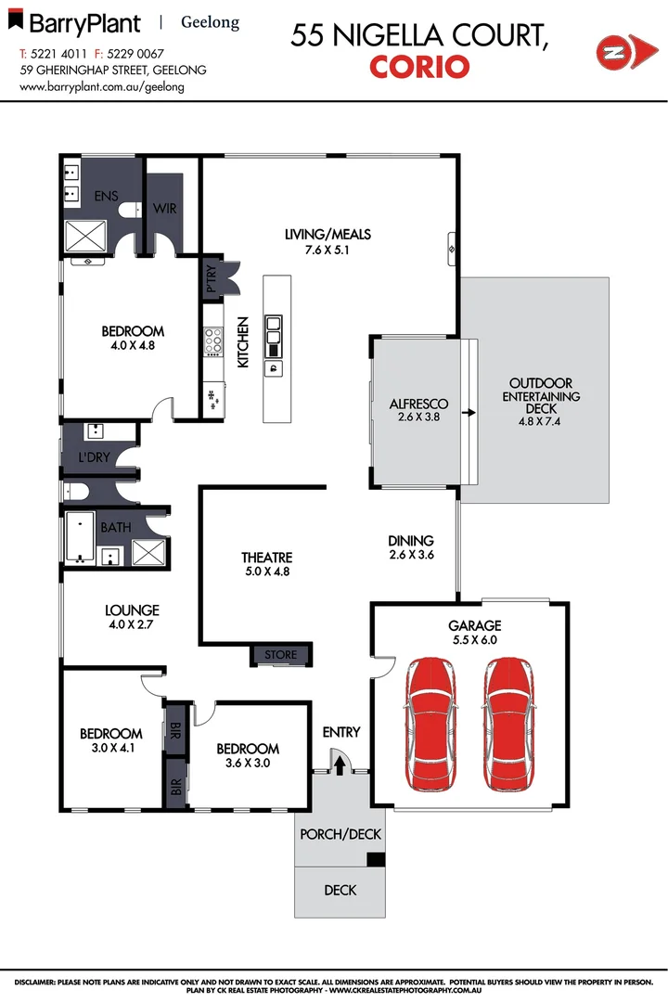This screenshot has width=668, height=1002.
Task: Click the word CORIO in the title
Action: (419, 67)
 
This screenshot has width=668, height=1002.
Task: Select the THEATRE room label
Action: (267, 558)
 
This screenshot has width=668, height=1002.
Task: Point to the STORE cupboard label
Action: (281, 655)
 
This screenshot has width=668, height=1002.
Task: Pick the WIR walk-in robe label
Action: (166, 207)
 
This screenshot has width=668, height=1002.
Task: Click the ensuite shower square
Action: (84, 236)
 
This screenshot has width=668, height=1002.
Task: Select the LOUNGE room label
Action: (132, 610)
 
